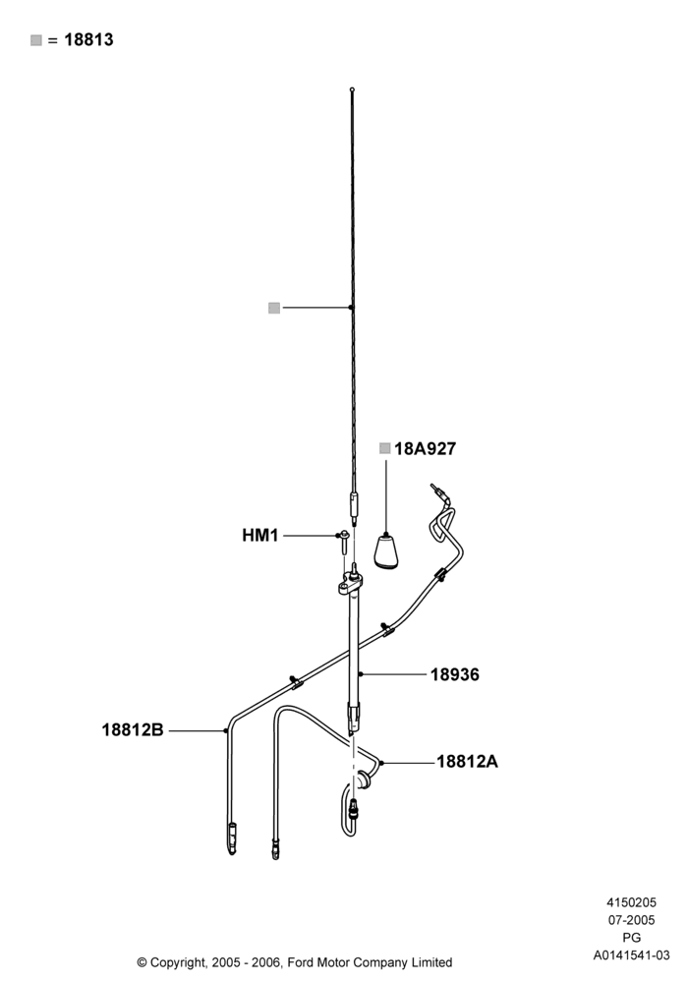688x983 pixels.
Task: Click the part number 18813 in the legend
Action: point(89,39)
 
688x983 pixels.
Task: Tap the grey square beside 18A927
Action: point(384,448)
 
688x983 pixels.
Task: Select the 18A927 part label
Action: point(425,449)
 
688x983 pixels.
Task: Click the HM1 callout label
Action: point(260,536)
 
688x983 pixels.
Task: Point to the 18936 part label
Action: point(454,674)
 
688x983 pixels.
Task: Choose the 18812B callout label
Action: point(133,729)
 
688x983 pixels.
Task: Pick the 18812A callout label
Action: point(467,762)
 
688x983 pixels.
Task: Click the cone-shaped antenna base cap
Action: point(386,551)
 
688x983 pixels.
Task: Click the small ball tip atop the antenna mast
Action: point(352,89)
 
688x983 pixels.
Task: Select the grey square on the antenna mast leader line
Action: point(274,308)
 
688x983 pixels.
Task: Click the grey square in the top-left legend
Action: point(36,40)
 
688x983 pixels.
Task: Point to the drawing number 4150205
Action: point(631,902)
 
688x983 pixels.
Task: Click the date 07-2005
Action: point(632,920)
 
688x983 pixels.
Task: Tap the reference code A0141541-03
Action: point(632,955)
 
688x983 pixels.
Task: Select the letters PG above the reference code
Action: point(632,938)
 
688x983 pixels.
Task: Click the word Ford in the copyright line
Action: point(302,962)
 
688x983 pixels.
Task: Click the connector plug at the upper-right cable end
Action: point(436,492)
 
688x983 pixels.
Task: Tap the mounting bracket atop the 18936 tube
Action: point(351,586)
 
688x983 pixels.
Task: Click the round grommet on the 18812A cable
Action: point(363,781)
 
